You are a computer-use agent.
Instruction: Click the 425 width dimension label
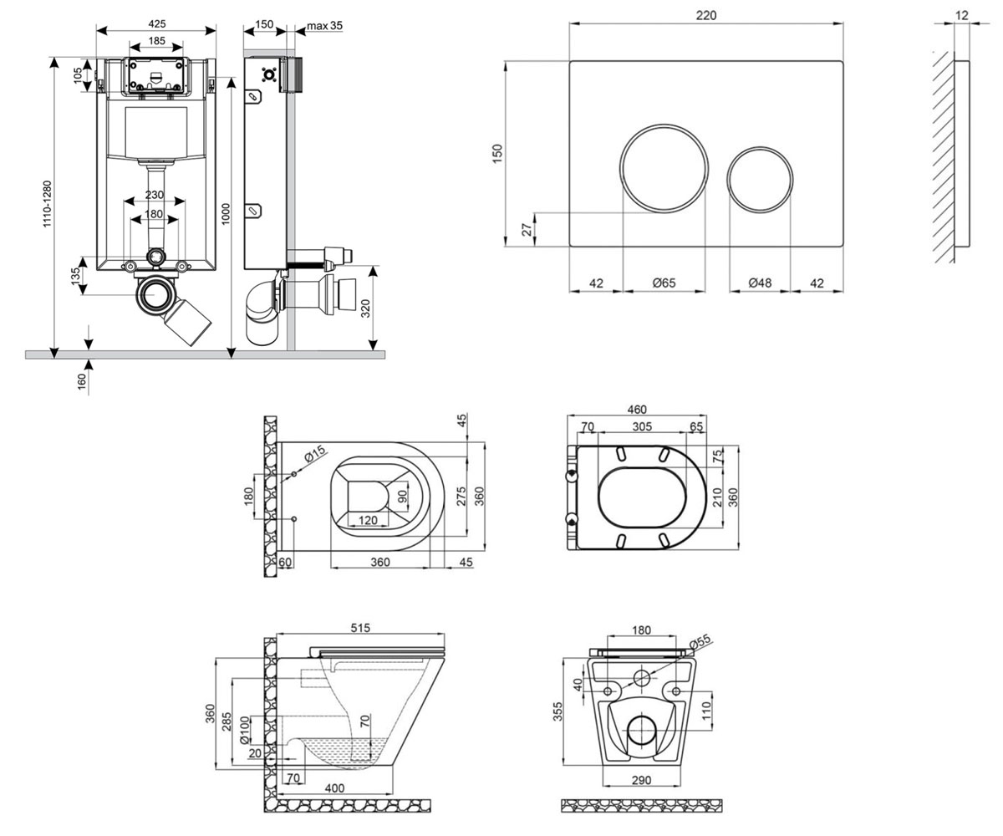156,23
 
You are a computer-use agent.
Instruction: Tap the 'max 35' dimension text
325,26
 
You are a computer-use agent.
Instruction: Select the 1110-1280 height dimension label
47,204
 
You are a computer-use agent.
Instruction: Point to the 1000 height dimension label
226,214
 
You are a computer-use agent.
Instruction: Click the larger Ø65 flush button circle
664,168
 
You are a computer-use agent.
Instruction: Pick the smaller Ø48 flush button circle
760,179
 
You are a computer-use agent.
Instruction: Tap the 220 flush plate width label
706,15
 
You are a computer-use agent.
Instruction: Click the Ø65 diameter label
664,283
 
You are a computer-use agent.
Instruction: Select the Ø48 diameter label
760,283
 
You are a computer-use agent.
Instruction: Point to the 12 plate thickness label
962,15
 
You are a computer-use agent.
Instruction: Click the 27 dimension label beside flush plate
527,230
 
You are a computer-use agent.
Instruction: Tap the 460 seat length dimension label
637,410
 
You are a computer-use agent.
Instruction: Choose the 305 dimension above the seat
642,426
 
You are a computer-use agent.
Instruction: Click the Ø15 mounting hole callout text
315,454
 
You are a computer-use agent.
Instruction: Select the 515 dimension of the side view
360,628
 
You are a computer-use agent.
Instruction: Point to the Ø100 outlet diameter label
245,731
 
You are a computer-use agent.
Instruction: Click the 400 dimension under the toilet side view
334,788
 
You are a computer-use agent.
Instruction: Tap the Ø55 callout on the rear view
700,642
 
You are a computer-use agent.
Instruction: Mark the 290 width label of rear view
641,780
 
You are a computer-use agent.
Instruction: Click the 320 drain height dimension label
365,308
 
